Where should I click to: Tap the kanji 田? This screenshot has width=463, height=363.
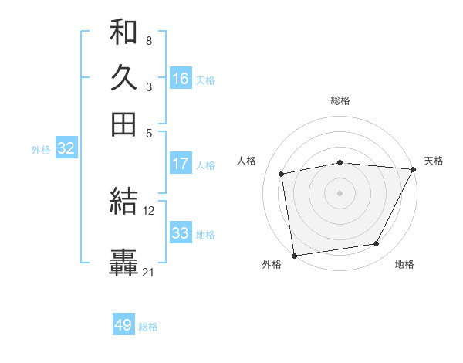click(x=123, y=124)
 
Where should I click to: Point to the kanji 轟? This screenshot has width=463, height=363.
click(x=123, y=263)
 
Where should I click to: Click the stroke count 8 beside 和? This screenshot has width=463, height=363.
click(x=148, y=39)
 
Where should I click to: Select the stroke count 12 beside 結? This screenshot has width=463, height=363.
click(x=149, y=210)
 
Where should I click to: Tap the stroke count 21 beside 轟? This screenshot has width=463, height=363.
click(x=149, y=272)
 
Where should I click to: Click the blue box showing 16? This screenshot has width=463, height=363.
click(x=181, y=79)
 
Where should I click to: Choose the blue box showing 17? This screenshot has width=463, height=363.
click(x=181, y=164)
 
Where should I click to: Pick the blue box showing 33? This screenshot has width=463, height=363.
click(x=181, y=233)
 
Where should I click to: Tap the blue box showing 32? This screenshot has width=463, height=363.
click(x=66, y=148)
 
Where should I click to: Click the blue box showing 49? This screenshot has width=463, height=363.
click(x=123, y=325)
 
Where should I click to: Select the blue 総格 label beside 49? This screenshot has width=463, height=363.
click(x=148, y=327)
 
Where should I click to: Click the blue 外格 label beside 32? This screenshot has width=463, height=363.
click(x=41, y=150)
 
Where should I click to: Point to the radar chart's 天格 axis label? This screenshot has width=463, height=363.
click(x=434, y=161)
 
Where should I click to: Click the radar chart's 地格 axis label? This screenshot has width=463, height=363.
click(x=404, y=265)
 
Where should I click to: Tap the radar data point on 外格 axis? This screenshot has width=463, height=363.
click(x=294, y=255)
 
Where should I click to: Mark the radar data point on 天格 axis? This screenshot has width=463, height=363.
click(x=413, y=169)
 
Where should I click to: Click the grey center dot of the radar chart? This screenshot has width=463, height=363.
click(x=340, y=192)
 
